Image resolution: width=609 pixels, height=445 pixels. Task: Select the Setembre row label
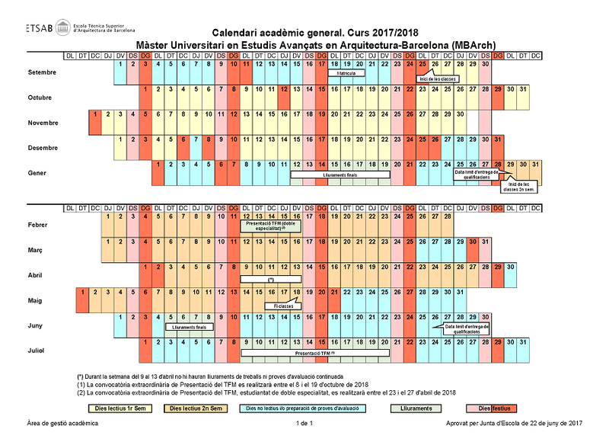[42, 73]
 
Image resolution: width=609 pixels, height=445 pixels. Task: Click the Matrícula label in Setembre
[346, 74]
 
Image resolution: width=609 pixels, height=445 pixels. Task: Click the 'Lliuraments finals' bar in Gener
[340, 174]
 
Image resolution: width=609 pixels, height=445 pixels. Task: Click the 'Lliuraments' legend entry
[416, 408]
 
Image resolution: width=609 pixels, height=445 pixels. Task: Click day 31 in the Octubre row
[523, 90]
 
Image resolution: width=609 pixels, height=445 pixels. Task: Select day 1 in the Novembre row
[94, 114]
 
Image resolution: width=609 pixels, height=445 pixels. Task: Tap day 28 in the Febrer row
[448, 216]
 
